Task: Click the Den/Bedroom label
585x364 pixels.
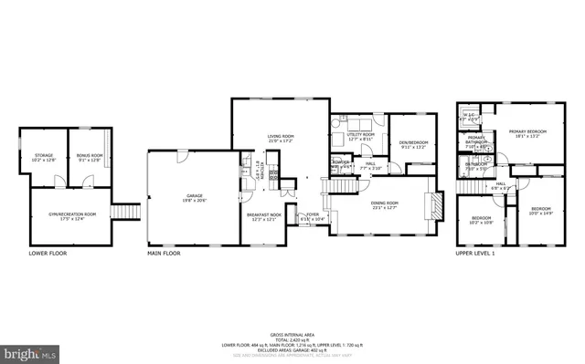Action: click(x=413, y=142)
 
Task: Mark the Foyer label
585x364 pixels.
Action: click(x=313, y=216)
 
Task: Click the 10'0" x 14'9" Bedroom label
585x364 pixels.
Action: click(x=541, y=211)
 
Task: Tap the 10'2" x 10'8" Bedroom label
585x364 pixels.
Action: click(x=481, y=220)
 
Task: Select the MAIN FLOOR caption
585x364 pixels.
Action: click(x=165, y=253)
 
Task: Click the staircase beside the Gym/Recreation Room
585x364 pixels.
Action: click(x=125, y=212)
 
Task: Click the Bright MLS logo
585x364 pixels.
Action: click(x=30, y=350)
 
